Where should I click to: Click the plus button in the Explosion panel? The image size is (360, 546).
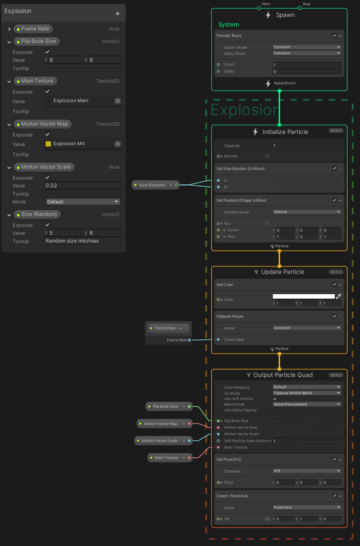(x=117, y=13)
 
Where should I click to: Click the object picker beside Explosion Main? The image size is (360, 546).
(x=117, y=101)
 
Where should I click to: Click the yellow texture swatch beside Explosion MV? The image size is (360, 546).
(x=48, y=144)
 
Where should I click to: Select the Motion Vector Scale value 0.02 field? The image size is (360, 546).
(x=83, y=186)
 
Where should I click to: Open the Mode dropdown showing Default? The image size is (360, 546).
(x=83, y=202)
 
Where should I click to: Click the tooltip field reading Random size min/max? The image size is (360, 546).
(x=83, y=241)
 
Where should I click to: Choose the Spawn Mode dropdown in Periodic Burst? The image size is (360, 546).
(x=307, y=47)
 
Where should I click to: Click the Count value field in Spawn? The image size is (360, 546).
(x=307, y=65)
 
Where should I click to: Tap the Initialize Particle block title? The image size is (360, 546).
(x=285, y=132)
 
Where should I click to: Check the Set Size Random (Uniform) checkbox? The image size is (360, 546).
(x=334, y=168)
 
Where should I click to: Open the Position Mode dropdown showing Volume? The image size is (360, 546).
(x=307, y=212)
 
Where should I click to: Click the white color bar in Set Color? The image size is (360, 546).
(x=303, y=296)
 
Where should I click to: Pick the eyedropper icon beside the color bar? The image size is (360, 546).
(x=339, y=296)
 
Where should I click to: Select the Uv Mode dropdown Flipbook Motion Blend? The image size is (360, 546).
(x=307, y=393)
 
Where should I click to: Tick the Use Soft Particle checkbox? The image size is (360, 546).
(x=275, y=399)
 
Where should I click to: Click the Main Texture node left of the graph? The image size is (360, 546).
(x=167, y=458)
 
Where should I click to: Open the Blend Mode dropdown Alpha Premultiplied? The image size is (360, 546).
(x=307, y=404)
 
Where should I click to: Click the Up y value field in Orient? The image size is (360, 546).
(x=310, y=519)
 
